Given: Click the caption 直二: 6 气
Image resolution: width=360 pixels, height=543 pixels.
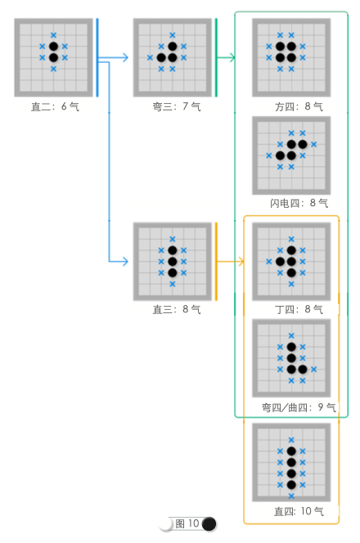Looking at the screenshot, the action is tap(55, 106).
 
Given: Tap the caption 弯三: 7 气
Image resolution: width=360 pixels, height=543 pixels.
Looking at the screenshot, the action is tap(177, 106).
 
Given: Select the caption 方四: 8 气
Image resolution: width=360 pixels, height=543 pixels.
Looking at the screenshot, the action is tap(299, 106).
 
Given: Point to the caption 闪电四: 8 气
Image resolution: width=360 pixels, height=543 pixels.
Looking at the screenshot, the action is tap(299, 203).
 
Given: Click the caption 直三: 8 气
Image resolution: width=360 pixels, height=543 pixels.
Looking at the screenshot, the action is tap(177, 309).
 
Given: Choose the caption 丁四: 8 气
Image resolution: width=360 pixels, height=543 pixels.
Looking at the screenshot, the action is tap(299, 309).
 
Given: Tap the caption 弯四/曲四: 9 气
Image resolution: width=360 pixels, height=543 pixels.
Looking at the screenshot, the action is tap(299, 407).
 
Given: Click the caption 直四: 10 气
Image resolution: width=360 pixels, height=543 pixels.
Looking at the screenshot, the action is tap(299, 511).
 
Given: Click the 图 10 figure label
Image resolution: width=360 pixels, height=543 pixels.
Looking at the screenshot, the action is tap(187, 523).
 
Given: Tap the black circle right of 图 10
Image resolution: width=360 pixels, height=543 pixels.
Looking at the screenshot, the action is tap(209, 524).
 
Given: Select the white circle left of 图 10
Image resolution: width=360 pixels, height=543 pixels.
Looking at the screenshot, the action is tap(165, 524).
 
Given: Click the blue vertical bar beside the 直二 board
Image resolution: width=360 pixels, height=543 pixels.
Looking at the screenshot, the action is tap(97, 57).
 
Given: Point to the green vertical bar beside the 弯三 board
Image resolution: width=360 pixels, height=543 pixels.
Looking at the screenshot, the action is tap(216, 57).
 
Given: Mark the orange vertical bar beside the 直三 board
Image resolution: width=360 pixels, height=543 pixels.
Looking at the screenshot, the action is tap(216, 262).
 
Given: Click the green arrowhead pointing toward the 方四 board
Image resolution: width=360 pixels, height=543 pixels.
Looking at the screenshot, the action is tap(232, 57).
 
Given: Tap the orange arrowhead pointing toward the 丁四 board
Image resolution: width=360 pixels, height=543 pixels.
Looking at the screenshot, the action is tap(241, 262).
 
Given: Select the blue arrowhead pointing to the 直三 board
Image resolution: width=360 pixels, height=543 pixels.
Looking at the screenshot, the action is tap(125, 262).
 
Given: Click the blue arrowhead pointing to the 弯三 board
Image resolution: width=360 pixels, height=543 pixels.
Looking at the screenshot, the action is tap(125, 57).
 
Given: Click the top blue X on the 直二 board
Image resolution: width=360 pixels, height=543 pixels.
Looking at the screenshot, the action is tap(53, 35).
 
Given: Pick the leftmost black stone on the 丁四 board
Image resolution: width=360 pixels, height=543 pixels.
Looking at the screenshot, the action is tap(280, 262).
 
